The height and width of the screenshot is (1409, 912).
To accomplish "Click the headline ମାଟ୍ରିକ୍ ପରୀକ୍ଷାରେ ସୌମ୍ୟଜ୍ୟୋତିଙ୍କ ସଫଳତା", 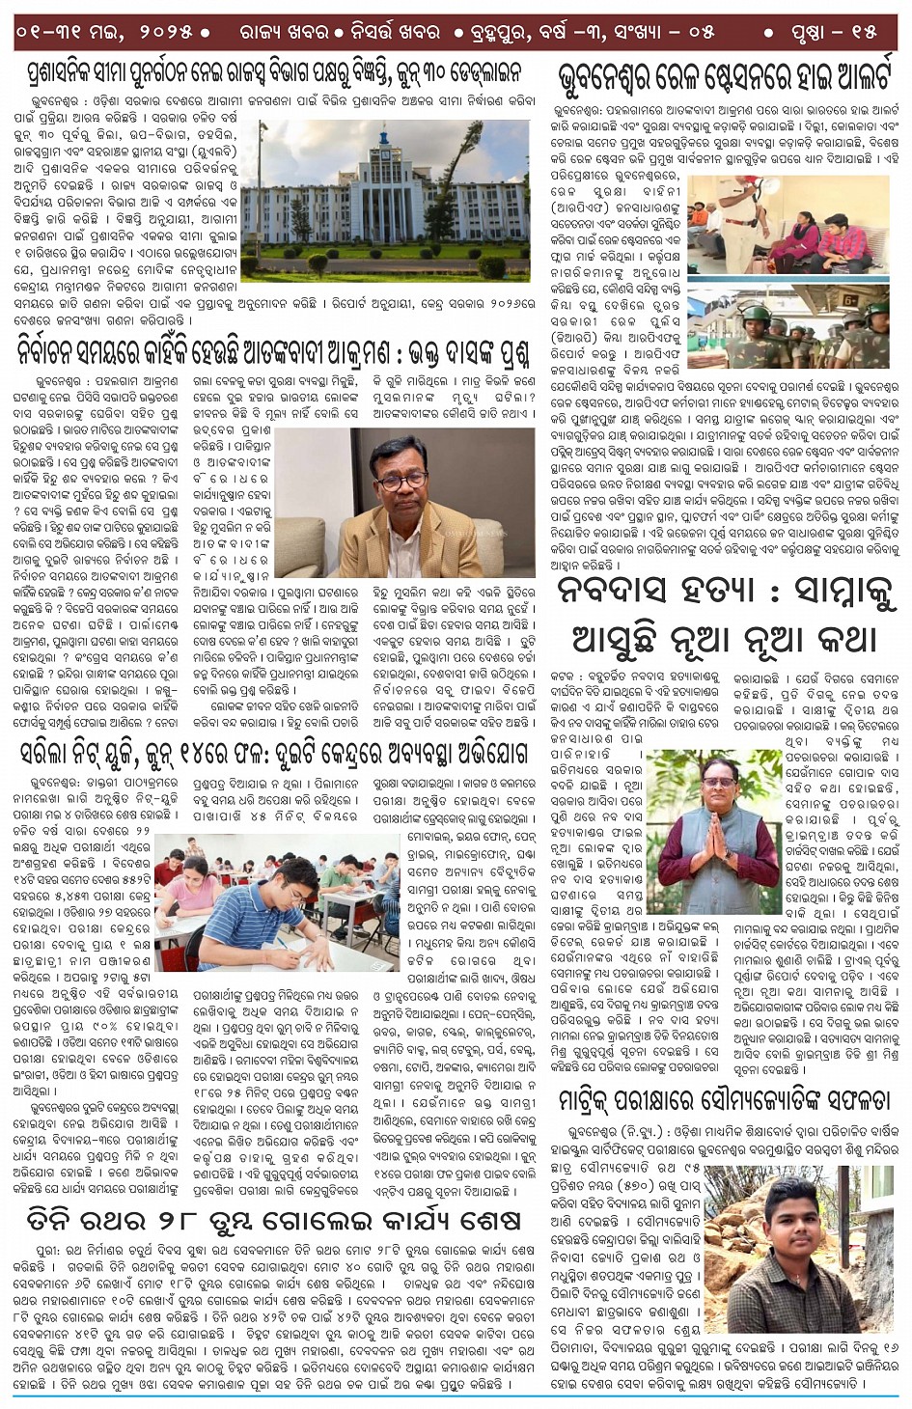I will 725,1101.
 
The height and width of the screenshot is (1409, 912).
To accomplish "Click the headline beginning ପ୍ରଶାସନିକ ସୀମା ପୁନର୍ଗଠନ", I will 274,72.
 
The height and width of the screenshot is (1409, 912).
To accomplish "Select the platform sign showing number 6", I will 850,300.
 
